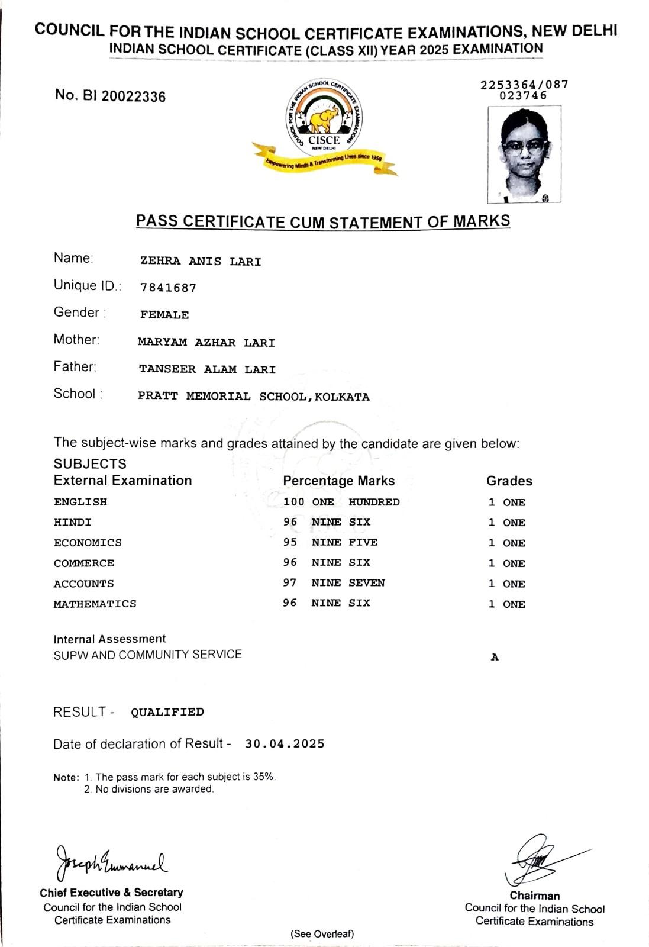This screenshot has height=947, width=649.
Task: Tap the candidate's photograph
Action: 524,154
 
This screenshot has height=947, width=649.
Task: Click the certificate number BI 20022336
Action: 111,96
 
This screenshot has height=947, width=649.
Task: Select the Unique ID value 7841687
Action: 168,288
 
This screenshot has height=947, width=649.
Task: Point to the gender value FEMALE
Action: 164,315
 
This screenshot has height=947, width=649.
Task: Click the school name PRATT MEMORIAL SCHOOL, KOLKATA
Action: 253,397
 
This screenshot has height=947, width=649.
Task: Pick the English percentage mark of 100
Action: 293,502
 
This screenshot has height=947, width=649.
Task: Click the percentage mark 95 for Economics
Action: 290,542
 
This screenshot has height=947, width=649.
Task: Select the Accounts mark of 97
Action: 290,583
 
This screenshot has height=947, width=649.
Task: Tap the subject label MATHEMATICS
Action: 95,604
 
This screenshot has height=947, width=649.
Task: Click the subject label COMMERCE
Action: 84,563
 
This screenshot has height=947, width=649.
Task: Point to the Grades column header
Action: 509,481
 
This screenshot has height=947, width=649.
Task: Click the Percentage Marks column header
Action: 338,481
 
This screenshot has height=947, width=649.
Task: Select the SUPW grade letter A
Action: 495,657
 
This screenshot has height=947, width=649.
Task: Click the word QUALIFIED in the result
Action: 167,712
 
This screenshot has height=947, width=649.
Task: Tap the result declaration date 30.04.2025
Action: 285,744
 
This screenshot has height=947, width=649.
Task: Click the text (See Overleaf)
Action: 322,934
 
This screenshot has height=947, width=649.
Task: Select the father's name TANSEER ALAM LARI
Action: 207,369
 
